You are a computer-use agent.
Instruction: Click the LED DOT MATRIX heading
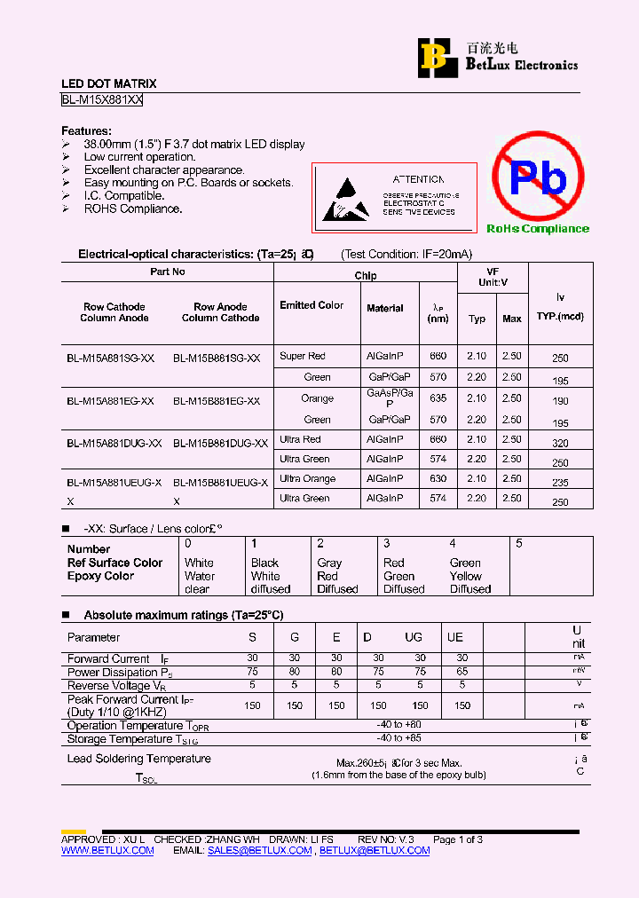(x=108, y=84)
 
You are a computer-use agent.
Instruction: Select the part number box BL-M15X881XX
(x=102, y=100)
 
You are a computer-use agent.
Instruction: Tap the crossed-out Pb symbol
(x=538, y=177)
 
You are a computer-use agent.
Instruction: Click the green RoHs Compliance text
(x=537, y=229)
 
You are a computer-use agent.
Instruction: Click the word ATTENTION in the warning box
(x=418, y=179)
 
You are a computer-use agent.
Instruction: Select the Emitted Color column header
(x=312, y=305)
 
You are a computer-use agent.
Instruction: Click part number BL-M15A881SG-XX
(x=111, y=358)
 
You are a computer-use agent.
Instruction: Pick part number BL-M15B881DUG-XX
(x=220, y=443)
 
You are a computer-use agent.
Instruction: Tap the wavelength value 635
(x=438, y=398)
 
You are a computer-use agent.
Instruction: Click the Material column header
(x=384, y=308)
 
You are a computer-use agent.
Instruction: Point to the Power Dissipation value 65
(x=461, y=673)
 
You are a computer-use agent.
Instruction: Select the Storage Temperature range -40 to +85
(x=398, y=738)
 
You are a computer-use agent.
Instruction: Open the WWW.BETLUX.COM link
(x=107, y=850)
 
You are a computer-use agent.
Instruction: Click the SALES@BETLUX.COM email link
(x=259, y=850)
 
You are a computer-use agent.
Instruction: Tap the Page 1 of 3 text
(x=457, y=839)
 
